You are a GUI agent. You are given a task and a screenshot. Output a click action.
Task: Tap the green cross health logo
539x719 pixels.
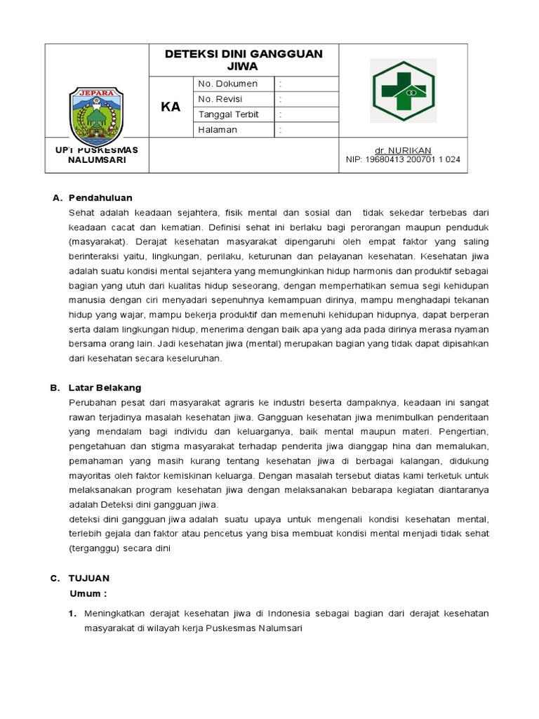click(x=404, y=91)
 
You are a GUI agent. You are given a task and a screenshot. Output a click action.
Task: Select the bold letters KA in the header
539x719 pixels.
click(x=171, y=107)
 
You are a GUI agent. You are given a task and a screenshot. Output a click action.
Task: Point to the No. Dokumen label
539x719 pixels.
click(x=227, y=84)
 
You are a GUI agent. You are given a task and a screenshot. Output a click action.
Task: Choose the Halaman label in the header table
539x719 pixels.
click(x=218, y=130)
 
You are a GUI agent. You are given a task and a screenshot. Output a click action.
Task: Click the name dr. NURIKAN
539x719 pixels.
click(x=403, y=150)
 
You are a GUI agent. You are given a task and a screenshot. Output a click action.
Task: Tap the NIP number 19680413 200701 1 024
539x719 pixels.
click(x=403, y=159)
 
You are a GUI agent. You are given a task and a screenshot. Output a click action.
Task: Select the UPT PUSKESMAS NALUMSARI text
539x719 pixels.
click(x=97, y=154)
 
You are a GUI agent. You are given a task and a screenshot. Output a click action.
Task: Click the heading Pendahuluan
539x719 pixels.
click(x=100, y=198)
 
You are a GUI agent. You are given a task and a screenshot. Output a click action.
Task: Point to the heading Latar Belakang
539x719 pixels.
click(x=105, y=388)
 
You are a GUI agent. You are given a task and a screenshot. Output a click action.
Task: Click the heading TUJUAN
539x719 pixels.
click(x=88, y=579)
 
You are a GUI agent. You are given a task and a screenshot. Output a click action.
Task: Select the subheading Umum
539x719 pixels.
click(x=88, y=593)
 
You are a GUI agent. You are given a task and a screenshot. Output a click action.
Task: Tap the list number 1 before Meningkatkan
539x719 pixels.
click(x=72, y=614)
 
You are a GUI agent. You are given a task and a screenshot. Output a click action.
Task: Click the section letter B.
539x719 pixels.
click(x=53, y=388)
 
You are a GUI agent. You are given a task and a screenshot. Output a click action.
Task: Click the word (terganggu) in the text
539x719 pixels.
click(x=95, y=548)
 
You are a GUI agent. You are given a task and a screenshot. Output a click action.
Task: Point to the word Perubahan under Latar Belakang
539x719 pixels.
click(x=93, y=402)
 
